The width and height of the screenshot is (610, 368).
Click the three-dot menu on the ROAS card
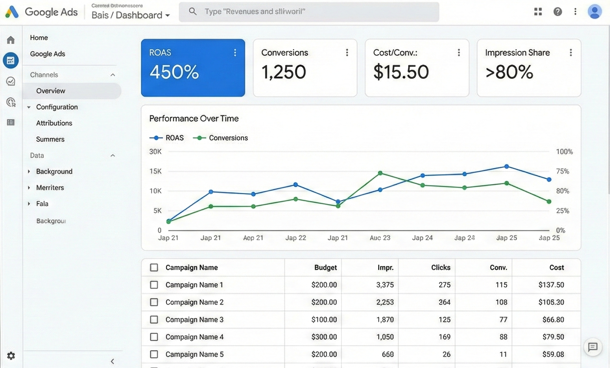[x=235, y=53]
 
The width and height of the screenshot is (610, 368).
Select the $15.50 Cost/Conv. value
[x=401, y=72]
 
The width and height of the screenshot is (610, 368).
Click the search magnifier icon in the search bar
[x=193, y=11]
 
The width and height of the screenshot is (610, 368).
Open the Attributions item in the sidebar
[x=54, y=123]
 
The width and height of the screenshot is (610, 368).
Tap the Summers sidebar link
[x=50, y=139]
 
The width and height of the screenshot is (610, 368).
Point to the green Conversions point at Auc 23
[x=380, y=173]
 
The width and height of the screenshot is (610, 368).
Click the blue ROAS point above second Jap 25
[x=549, y=180]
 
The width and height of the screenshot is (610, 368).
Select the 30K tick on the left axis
[x=155, y=152]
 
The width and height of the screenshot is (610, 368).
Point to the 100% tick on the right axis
[x=564, y=152]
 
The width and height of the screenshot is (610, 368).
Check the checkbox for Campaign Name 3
[x=154, y=319]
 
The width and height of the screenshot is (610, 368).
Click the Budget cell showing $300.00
[x=324, y=337]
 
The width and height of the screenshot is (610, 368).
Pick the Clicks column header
[x=441, y=268]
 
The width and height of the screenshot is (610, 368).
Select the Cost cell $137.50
[x=551, y=285]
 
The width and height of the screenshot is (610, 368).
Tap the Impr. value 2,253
[x=385, y=302]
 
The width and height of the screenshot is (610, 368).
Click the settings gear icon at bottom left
[x=11, y=356]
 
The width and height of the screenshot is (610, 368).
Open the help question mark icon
[x=557, y=12]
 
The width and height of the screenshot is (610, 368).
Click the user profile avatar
[x=594, y=12]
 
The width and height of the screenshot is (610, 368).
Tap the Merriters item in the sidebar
[x=50, y=188]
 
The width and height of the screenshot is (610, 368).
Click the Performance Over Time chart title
[x=194, y=119]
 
